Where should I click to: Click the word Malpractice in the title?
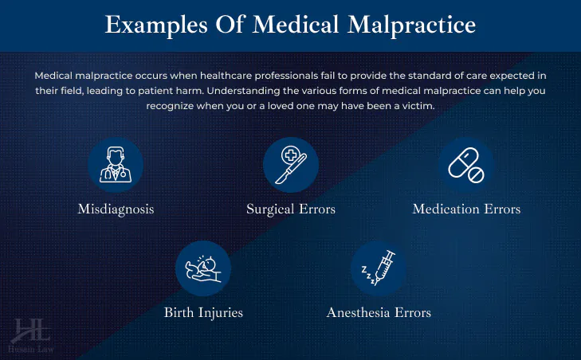(x=412, y=25)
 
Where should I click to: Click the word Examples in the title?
(x=156, y=25)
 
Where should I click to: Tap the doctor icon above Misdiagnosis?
(x=116, y=165)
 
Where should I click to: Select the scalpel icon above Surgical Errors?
(x=291, y=165)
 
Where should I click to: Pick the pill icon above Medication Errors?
(x=466, y=165)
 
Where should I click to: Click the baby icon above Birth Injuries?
(x=203, y=268)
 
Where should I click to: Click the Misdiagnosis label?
(x=116, y=209)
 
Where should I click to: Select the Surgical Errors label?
(x=291, y=209)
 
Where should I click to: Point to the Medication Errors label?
(x=466, y=209)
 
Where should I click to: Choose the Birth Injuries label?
(x=203, y=312)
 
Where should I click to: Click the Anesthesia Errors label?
(x=379, y=312)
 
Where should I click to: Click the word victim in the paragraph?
(x=418, y=106)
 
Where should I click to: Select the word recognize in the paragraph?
(x=170, y=106)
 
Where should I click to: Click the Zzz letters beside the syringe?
(x=368, y=275)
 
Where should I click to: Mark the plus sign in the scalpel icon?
(x=291, y=155)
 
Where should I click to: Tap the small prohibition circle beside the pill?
(x=476, y=174)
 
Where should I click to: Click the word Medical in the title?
(x=296, y=25)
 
